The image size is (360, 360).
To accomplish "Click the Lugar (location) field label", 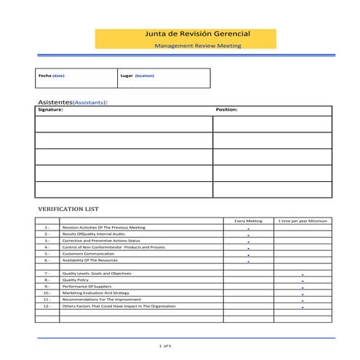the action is [137, 75].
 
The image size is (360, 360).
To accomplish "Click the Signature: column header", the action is [50, 110].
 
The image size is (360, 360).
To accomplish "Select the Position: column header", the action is [227, 110].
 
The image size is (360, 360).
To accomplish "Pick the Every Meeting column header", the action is [248, 220].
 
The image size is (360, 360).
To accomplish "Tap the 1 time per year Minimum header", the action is [302, 220].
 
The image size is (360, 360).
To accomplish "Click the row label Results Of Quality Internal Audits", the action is [93, 233].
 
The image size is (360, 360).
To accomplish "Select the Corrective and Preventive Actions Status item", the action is [101, 240].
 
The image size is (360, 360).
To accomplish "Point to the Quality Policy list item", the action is [76, 279].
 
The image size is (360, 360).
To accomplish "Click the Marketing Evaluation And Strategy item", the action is [96, 292].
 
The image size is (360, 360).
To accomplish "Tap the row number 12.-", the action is [47, 305].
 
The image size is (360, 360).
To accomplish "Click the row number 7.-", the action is [47, 273].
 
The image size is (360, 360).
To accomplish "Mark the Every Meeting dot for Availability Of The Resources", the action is [248, 261].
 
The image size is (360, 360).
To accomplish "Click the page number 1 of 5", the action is [165, 345].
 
